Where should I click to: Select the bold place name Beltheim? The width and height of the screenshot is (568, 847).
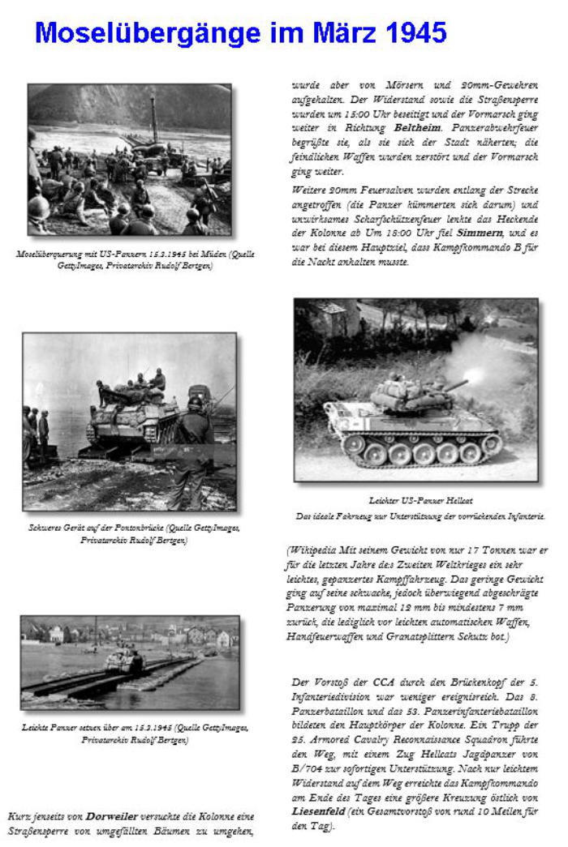tap(418, 128)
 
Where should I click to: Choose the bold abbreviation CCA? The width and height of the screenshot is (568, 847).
tap(384, 682)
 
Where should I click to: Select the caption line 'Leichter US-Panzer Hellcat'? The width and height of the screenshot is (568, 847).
tap(409, 501)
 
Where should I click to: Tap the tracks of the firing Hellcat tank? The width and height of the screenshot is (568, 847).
tap(422, 448)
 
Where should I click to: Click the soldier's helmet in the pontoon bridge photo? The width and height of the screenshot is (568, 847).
tap(196, 403)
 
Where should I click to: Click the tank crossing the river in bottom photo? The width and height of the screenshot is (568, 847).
tap(125, 660)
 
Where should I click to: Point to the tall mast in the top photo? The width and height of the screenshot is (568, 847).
tap(153, 118)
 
